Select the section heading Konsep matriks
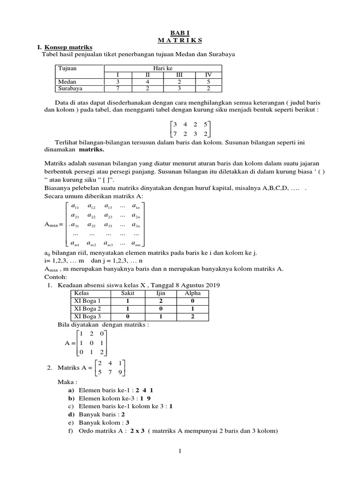[x=68, y=47]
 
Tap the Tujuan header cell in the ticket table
[x=67, y=68]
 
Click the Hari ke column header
[x=163, y=68]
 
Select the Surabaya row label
[x=70, y=88]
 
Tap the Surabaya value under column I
[x=118, y=88]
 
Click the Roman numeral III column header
[x=178, y=75]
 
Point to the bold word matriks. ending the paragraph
[x=91, y=150]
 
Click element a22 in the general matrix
[x=91, y=216]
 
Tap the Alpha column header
[x=193, y=292]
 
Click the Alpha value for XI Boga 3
[x=193, y=316]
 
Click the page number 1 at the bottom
[x=180, y=451]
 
